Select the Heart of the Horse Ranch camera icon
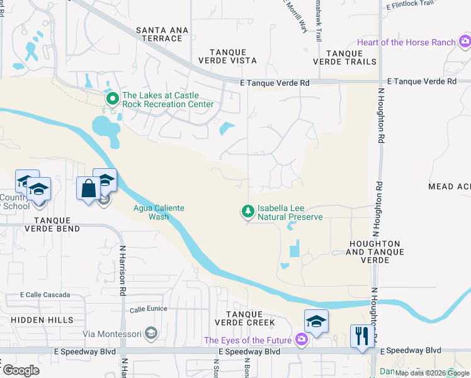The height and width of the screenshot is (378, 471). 465,42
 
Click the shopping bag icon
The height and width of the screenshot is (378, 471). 87,188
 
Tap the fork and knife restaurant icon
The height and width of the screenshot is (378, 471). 361,335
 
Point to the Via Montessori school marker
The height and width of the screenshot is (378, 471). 150,333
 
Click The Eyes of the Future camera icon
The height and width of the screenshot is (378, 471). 302,340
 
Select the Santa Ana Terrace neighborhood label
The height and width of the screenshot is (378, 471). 159,34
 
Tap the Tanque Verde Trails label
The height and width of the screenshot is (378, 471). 344,57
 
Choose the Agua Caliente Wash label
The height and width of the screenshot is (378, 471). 150,212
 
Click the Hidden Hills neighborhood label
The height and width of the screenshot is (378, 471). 42,320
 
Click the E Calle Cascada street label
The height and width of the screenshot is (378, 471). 45,295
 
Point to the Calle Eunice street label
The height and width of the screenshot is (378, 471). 147,309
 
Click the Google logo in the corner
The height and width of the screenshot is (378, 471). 21,370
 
